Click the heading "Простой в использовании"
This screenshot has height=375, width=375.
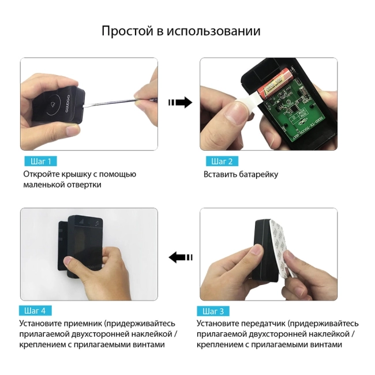pos(181,31)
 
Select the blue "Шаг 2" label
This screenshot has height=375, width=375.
pos(222,162)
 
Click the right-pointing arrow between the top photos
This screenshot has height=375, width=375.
pos(179,103)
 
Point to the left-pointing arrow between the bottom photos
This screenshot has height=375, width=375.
pos(180,257)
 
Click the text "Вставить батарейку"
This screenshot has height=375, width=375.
pos(241,174)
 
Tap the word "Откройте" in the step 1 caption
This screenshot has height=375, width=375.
pos(42,174)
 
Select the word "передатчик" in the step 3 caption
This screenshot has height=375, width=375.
pos(261,324)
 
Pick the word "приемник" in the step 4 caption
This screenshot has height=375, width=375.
pos(81,324)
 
